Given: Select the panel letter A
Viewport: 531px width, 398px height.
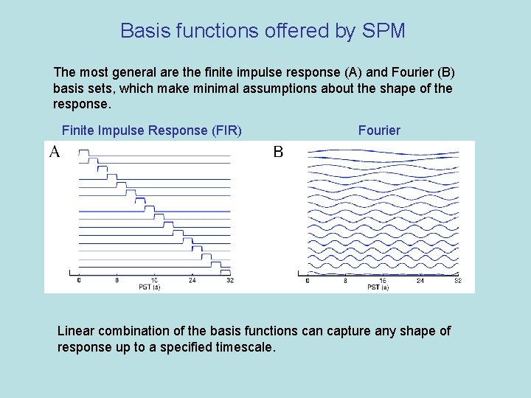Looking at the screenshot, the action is tap(55, 153).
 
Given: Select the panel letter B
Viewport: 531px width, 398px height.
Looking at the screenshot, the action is tap(278, 153).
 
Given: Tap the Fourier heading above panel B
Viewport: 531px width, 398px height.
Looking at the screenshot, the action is tap(379, 130).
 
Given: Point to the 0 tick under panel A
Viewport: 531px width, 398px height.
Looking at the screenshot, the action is tap(79, 280).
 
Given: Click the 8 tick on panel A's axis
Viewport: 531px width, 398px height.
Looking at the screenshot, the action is tap(117, 280).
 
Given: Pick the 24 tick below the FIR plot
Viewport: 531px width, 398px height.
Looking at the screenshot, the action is tap(192, 280).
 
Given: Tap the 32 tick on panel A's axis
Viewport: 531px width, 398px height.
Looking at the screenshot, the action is tap(229, 280).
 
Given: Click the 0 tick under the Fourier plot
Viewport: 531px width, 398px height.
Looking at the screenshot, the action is tap(307, 281).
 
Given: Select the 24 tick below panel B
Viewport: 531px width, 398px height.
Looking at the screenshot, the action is tap(420, 281).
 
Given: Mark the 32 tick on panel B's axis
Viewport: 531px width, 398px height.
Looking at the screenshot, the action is tap(458, 281).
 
